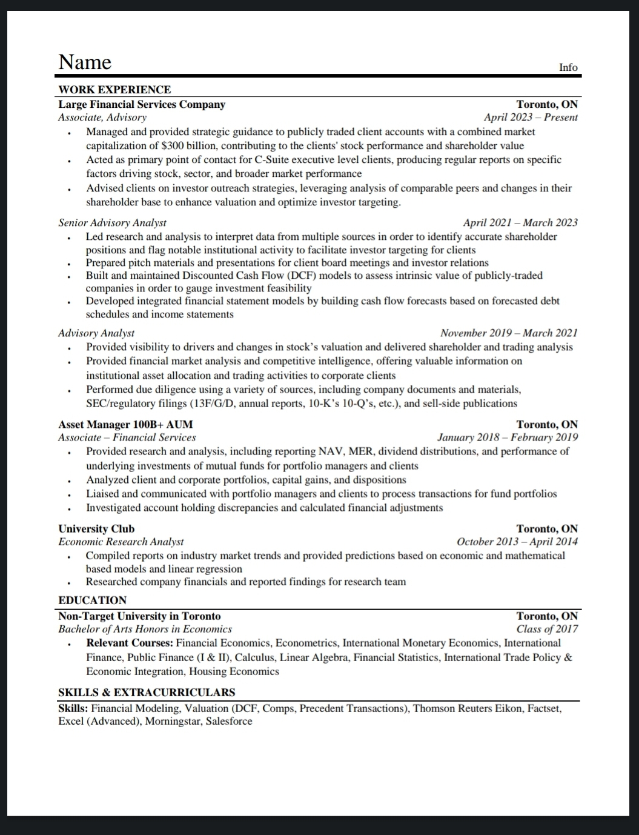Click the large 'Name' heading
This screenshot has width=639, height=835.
coord(85,62)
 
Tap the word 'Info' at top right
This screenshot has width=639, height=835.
coord(568,67)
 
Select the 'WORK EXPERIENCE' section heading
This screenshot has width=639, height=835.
coord(114,90)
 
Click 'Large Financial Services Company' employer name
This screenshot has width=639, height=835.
coord(142,104)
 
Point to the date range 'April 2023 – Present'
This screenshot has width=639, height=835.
coord(531,118)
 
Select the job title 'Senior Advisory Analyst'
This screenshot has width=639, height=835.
coord(112,222)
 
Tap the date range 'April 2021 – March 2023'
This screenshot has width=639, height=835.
coord(520,222)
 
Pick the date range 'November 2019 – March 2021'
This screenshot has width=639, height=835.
coord(509,333)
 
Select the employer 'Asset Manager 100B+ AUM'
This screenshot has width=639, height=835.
coord(125,424)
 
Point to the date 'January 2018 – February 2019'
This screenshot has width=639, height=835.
coord(508,437)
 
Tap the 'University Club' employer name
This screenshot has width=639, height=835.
coord(96,528)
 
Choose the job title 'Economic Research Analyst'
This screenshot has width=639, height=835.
coord(121,542)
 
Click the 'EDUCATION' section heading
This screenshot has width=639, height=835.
coord(92,600)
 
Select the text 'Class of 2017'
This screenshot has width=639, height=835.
coord(547,629)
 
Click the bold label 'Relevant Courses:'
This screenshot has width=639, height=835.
coord(130,643)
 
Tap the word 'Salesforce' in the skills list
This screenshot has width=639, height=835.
coord(229,721)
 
